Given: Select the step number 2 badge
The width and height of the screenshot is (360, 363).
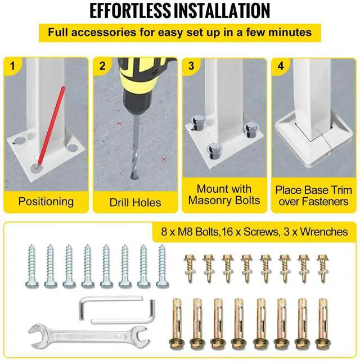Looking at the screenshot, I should click(102, 66).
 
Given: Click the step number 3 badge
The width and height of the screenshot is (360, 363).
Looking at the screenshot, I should click(191, 66).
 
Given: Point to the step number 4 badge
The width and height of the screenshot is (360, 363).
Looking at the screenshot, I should click(281, 66).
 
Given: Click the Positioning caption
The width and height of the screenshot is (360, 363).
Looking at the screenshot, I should click(46, 201).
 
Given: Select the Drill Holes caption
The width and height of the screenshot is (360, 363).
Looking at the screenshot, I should click(135, 202).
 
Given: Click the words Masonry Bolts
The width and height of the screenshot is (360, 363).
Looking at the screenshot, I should click(224, 201).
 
